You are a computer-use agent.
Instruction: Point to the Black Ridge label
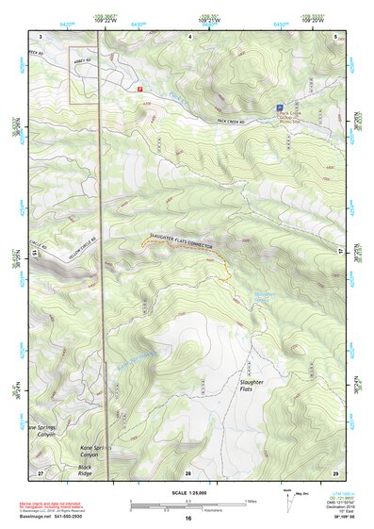(x=91, y=468)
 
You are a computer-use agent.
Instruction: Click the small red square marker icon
(x=140, y=88)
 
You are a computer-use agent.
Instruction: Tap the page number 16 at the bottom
(x=187, y=520)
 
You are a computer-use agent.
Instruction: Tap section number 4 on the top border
(x=188, y=35)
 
